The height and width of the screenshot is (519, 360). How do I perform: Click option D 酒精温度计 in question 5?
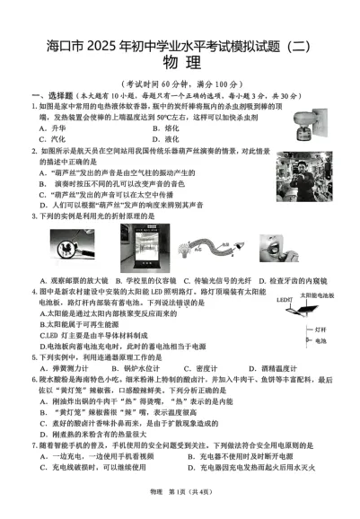pos(278,368)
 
